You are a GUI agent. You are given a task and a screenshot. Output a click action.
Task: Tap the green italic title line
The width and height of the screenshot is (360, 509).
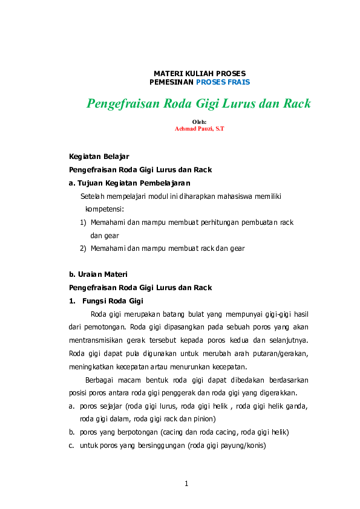click(x=198, y=103)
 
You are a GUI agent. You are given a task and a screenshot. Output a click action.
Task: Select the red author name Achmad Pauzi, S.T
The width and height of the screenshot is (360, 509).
click(x=199, y=129)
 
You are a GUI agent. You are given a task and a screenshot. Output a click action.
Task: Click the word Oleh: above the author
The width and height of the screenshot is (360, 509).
click(x=199, y=122)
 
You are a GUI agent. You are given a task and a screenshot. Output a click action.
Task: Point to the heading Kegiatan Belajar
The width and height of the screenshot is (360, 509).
click(x=99, y=157)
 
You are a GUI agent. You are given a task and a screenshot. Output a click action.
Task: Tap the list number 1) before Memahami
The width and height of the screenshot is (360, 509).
click(x=83, y=222)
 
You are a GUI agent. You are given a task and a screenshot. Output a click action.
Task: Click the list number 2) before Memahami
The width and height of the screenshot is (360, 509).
click(x=83, y=248)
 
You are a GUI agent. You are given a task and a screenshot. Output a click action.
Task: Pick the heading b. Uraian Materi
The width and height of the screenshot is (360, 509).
click(x=98, y=274)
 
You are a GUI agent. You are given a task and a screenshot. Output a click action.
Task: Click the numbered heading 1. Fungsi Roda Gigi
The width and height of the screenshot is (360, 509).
click(x=106, y=300)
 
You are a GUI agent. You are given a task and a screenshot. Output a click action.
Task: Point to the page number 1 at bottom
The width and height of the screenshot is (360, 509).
click(x=187, y=483)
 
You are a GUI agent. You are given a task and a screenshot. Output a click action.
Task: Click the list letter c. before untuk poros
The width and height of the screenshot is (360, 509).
click(x=73, y=446)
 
